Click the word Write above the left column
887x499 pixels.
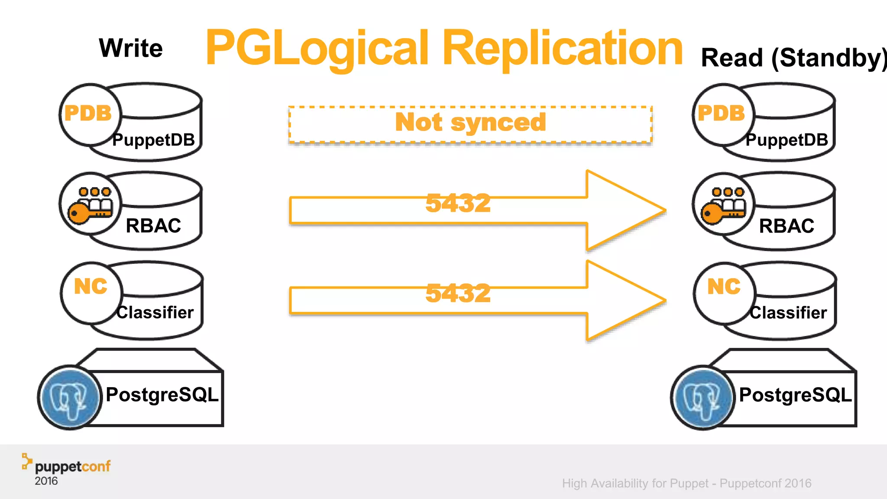(x=131, y=48)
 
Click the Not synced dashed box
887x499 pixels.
(x=470, y=124)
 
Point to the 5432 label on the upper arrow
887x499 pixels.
(x=458, y=203)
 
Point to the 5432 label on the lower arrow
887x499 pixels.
(x=458, y=293)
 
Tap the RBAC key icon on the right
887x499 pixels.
(x=723, y=205)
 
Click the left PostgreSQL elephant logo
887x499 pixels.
(x=69, y=398)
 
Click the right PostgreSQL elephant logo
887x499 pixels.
(x=702, y=398)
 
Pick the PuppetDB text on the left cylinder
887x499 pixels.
(x=154, y=140)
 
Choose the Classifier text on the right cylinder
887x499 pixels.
(x=788, y=313)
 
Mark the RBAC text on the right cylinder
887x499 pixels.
(x=787, y=226)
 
